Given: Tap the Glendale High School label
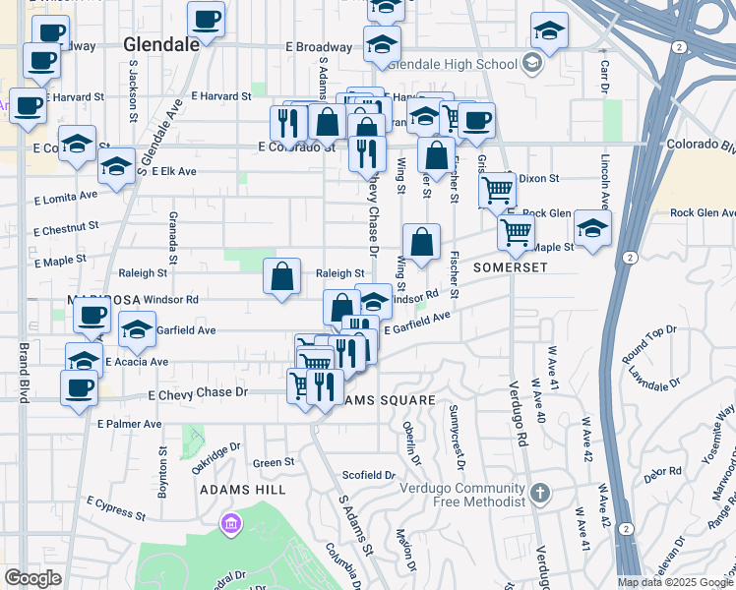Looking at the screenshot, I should coord(453,65).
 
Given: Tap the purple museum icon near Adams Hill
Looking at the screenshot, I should coord(231,520).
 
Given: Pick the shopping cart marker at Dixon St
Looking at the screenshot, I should coord(498,189).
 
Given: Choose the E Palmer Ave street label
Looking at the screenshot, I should coord(130,424).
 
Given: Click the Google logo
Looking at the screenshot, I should coord(32,578).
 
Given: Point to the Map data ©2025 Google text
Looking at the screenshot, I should coord(675,582).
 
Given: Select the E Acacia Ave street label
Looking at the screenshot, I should coord(136,362).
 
